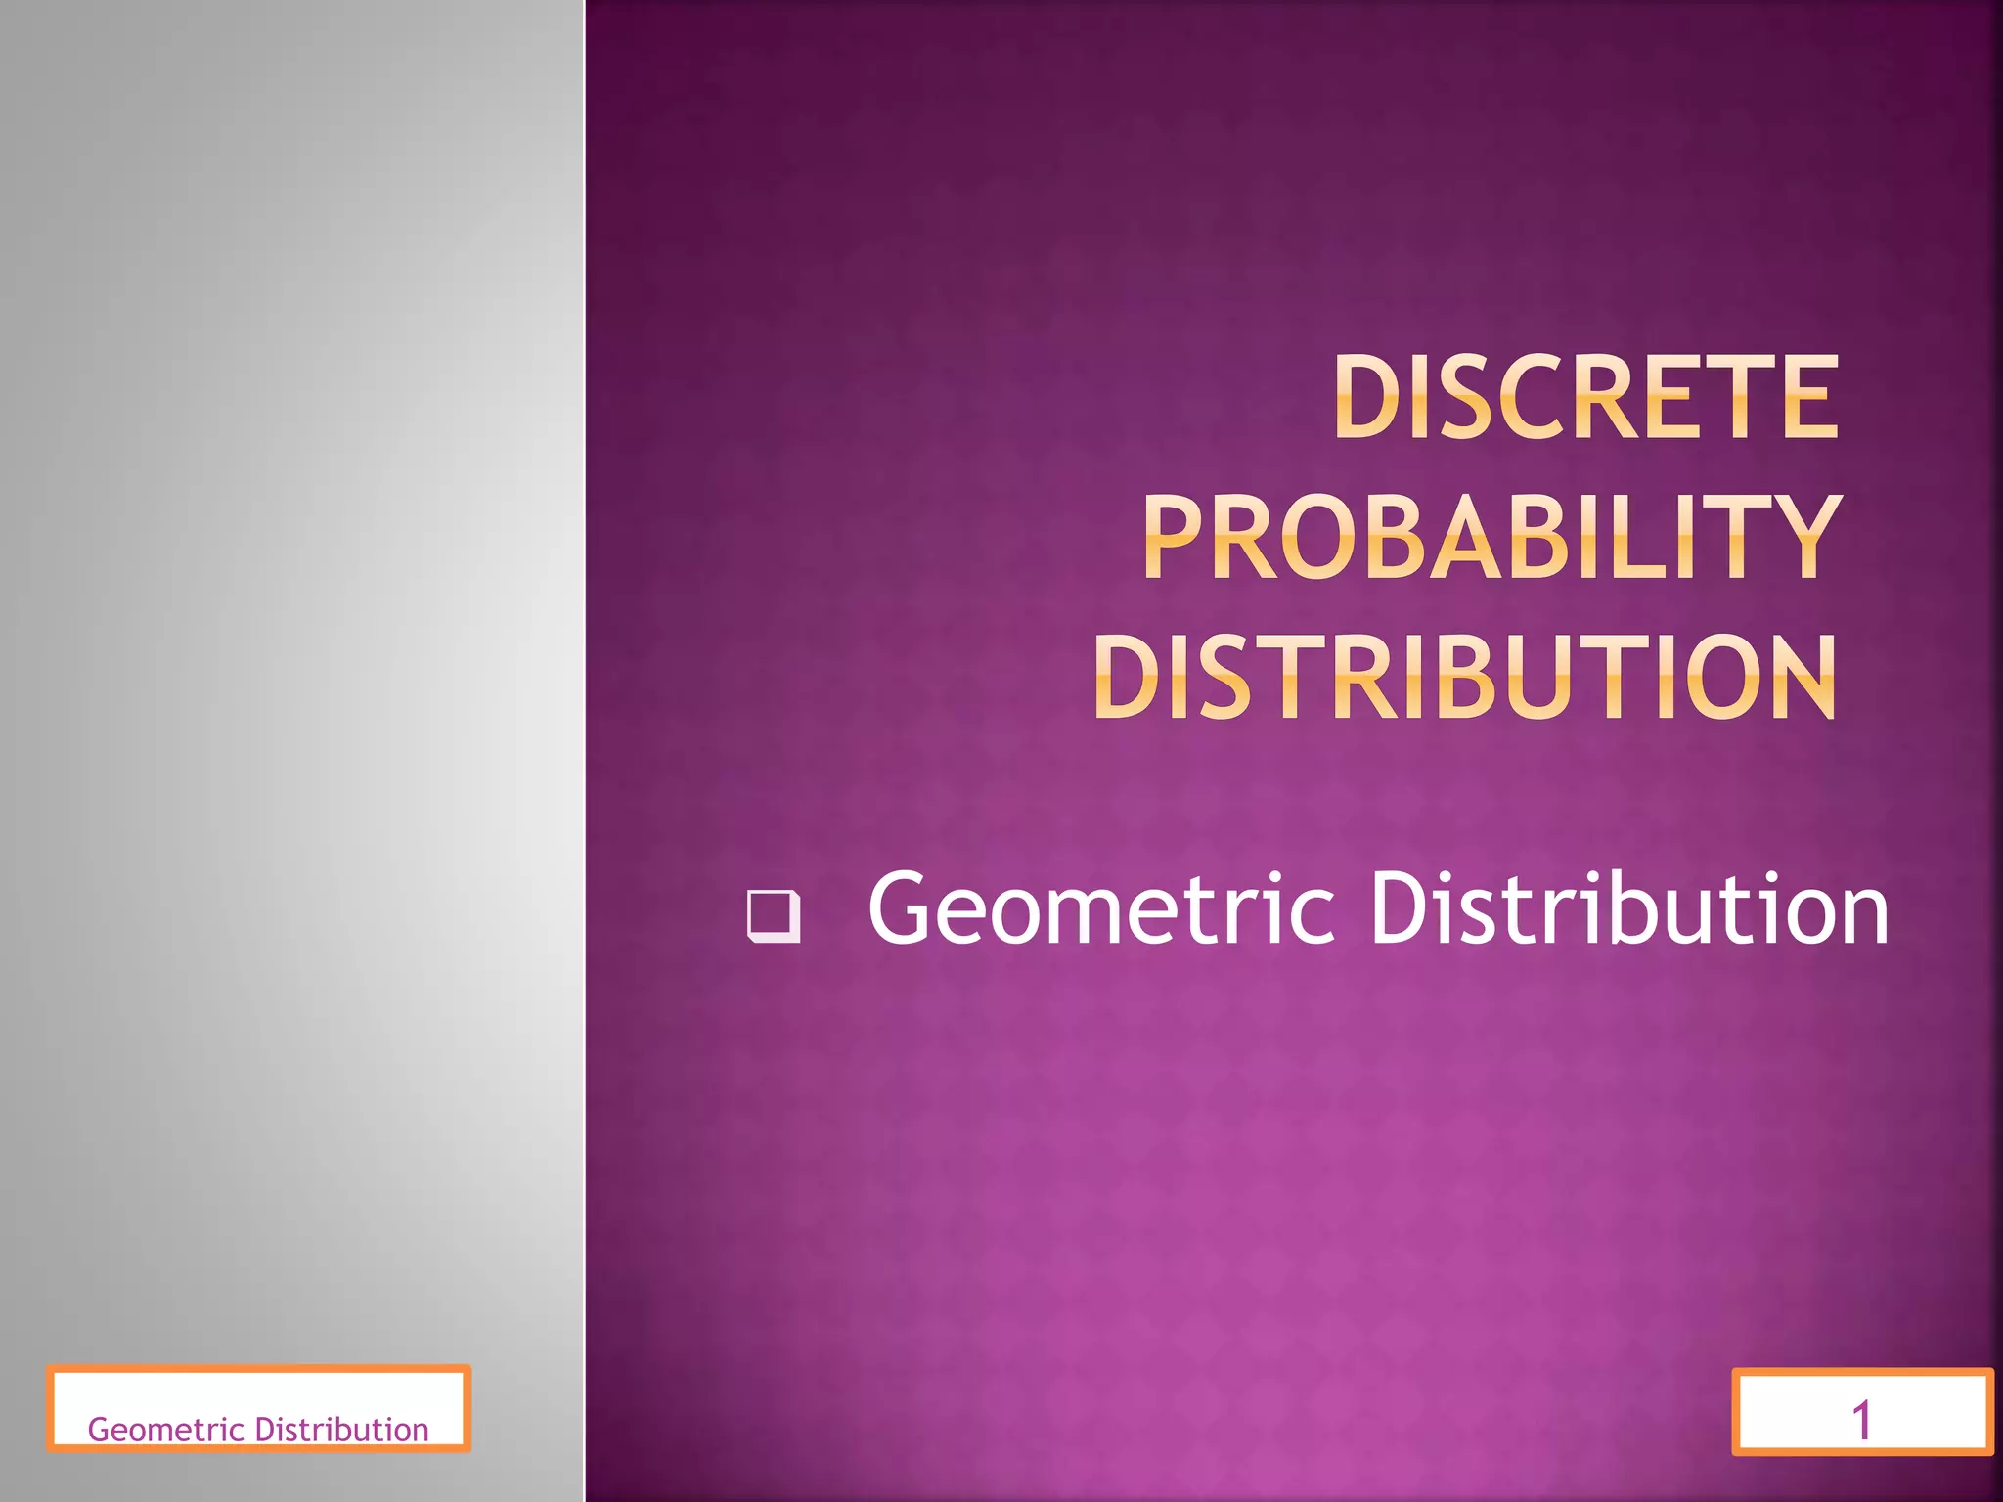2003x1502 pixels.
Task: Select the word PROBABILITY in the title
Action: [1491, 537]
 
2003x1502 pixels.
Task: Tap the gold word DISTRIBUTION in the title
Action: [1465, 677]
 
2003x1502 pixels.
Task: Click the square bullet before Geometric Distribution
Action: [774, 915]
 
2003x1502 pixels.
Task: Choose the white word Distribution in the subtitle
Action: [1628, 909]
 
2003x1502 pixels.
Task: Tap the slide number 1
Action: [1861, 1420]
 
